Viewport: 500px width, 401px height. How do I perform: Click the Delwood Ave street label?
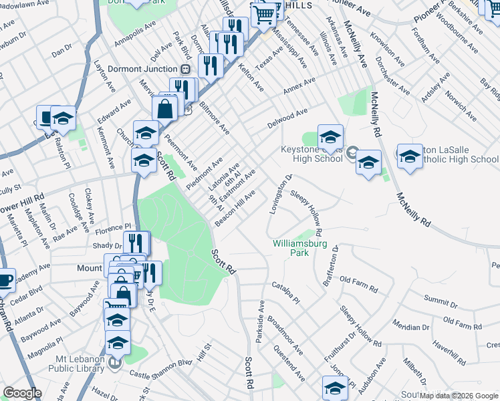click(287, 118)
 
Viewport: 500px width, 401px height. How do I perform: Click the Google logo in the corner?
click(22, 393)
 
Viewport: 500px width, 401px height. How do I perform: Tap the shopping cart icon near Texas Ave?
click(264, 13)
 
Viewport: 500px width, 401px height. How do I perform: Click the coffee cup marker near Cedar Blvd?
click(4, 281)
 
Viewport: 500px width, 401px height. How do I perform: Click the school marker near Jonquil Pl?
click(335, 388)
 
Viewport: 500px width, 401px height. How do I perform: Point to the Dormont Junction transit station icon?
click(186, 69)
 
